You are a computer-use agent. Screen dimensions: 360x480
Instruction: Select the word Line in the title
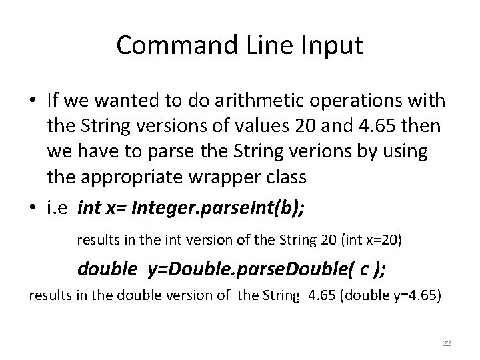pos(279,45)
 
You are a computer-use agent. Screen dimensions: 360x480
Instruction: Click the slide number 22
pos(447,343)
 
